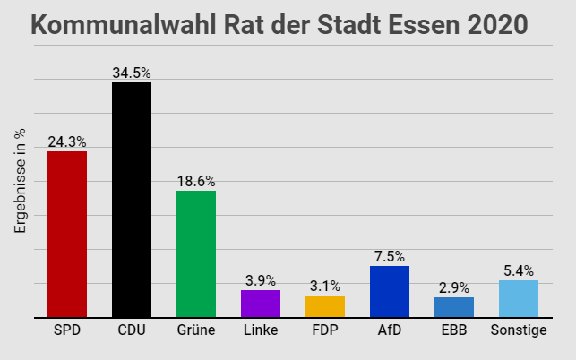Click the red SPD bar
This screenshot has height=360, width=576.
tap(67, 234)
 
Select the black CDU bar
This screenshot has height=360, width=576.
tap(132, 200)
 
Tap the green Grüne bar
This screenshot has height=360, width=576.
tap(196, 253)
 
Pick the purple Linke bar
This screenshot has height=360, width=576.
tap(261, 304)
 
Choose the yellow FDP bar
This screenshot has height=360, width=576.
tap(325, 306)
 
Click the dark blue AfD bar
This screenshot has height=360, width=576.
tap(390, 291)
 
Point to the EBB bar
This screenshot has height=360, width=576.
tap(454, 307)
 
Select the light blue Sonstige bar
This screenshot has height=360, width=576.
tap(519, 298)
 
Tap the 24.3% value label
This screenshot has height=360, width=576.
tap(67, 141)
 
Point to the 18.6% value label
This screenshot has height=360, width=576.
tap(196, 181)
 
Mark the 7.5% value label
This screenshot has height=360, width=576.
tap(390, 256)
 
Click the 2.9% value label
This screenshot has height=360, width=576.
tap(454, 287)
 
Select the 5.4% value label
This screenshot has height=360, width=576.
tap(519, 270)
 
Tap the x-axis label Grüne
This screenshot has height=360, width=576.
tap(196, 331)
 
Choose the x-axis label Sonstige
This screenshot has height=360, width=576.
tap(519, 331)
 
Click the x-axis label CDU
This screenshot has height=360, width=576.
tap(132, 331)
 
